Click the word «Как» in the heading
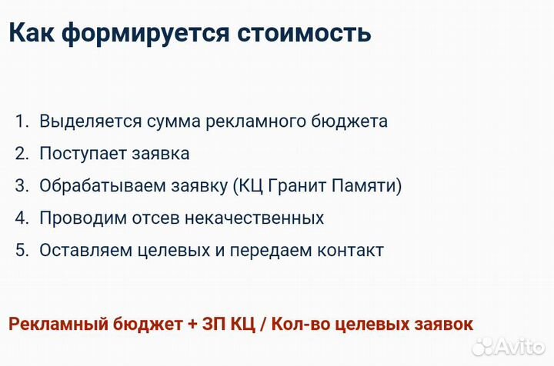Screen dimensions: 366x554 point(32,33)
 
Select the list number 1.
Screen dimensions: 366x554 point(21,121)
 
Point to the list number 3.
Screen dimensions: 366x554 point(21,186)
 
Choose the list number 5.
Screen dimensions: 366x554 point(21,251)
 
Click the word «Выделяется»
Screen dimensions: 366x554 point(91,121)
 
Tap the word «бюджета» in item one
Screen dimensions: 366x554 point(351,121)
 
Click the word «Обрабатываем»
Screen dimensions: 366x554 point(95,186)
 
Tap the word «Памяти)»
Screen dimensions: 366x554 point(372,186)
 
